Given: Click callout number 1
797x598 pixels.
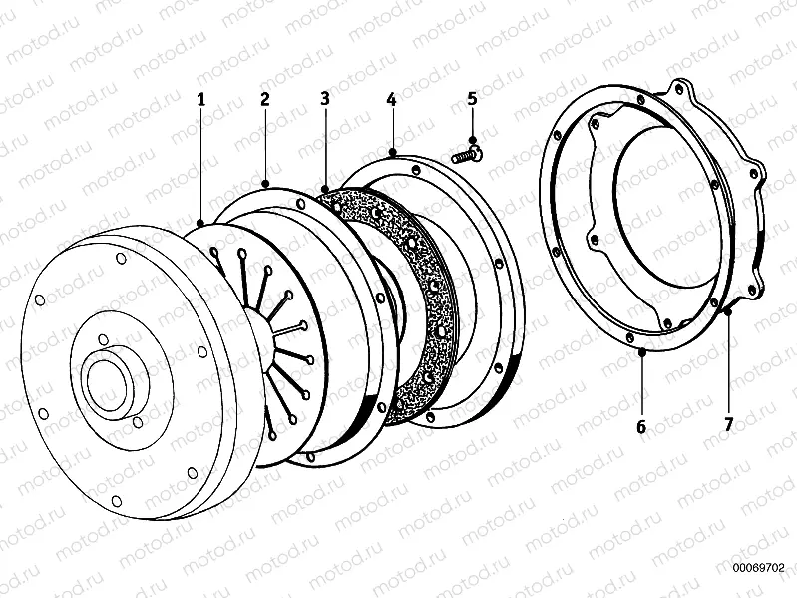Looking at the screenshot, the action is click(x=201, y=99).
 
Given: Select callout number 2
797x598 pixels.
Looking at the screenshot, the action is click(x=264, y=99).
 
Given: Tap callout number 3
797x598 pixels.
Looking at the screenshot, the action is click(x=325, y=98).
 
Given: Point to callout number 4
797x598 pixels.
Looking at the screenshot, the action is click(x=391, y=99).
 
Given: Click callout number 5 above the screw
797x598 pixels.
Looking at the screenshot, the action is click(x=473, y=99).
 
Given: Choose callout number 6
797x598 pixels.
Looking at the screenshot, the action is click(x=641, y=426).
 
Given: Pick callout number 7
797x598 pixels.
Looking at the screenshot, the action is click(x=729, y=425).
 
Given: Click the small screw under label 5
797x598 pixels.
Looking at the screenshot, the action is click(x=467, y=153).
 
